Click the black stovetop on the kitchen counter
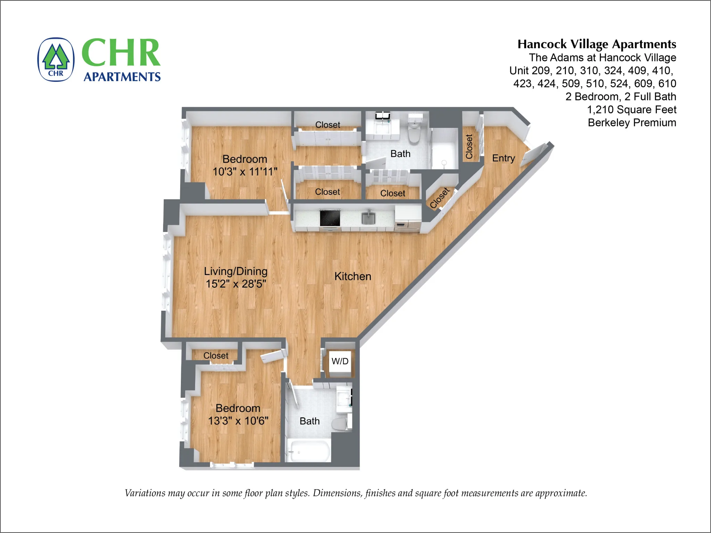pyautogui.click(x=330, y=218)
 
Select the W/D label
pyautogui.click(x=340, y=361)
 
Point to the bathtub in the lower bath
pyautogui.click(x=309, y=451)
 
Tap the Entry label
pyautogui.click(x=503, y=158)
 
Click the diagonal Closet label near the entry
pyautogui.click(x=440, y=198)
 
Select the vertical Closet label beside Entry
pyautogui.click(x=469, y=146)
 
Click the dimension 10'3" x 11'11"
pyautogui.click(x=245, y=172)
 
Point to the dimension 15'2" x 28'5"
pyautogui.click(x=236, y=284)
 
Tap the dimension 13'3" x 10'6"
pyautogui.click(x=238, y=421)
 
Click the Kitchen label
pyautogui.click(x=353, y=276)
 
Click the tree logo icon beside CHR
pyautogui.click(x=56, y=59)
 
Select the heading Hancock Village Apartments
pyautogui.click(x=596, y=44)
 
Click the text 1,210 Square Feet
pyautogui.click(x=631, y=110)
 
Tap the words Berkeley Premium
pyautogui.click(x=631, y=122)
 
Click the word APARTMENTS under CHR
pyautogui.click(x=122, y=77)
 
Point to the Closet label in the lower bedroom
pyautogui.click(x=216, y=355)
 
